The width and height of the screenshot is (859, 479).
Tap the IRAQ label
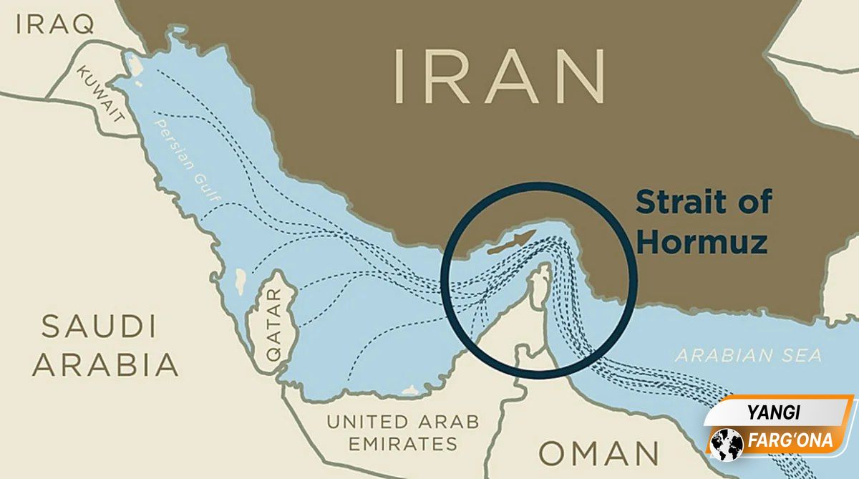click(56, 25)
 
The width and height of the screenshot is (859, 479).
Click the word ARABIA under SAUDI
click(105, 364)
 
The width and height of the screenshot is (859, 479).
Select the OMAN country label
click(599, 454)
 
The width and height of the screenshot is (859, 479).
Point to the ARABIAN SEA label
click(749, 355)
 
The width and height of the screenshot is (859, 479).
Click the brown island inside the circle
click(511, 242)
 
